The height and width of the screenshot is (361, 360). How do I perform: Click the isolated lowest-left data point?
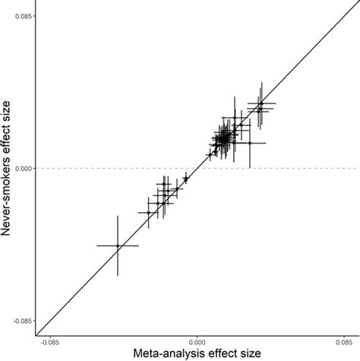pyautogui.click(x=118, y=245)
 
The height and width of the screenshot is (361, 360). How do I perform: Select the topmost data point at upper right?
pyautogui.click(x=261, y=103)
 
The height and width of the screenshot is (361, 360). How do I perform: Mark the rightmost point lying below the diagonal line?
pyautogui.click(x=250, y=143)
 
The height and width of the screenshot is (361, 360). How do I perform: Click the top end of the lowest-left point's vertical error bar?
pyautogui.click(x=118, y=216)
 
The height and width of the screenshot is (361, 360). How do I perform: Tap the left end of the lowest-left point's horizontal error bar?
pyautogui.click(x=97, y=245)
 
